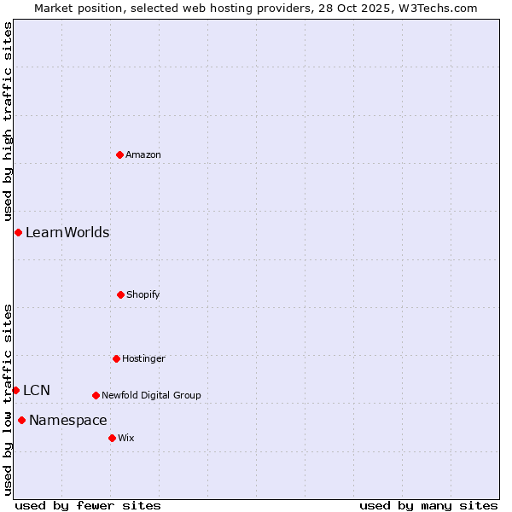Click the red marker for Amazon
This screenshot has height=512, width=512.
point(119,154)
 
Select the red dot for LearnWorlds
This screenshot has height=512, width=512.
point(18,232)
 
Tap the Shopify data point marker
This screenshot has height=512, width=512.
point(120,294)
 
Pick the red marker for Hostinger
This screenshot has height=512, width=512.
point(116,358)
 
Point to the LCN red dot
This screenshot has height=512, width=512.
point(15,390)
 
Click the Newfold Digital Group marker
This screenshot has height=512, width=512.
point(96,395)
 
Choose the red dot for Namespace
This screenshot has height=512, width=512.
point(21,420)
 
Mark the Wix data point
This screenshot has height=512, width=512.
point(112,438)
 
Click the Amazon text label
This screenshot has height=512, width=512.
point(143,154)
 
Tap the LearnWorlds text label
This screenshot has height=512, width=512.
point(67,232)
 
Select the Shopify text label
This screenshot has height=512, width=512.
point(143,294)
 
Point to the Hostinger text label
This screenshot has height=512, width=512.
point(143,358)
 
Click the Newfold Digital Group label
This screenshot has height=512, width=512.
point(151,395)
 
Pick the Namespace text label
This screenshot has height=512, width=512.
point(68,420)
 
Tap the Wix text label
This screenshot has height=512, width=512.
point(126,438)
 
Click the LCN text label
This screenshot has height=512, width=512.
point(37,390)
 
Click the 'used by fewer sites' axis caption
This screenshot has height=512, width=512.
point(88,505)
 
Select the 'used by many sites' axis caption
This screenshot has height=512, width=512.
point(428,505)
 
